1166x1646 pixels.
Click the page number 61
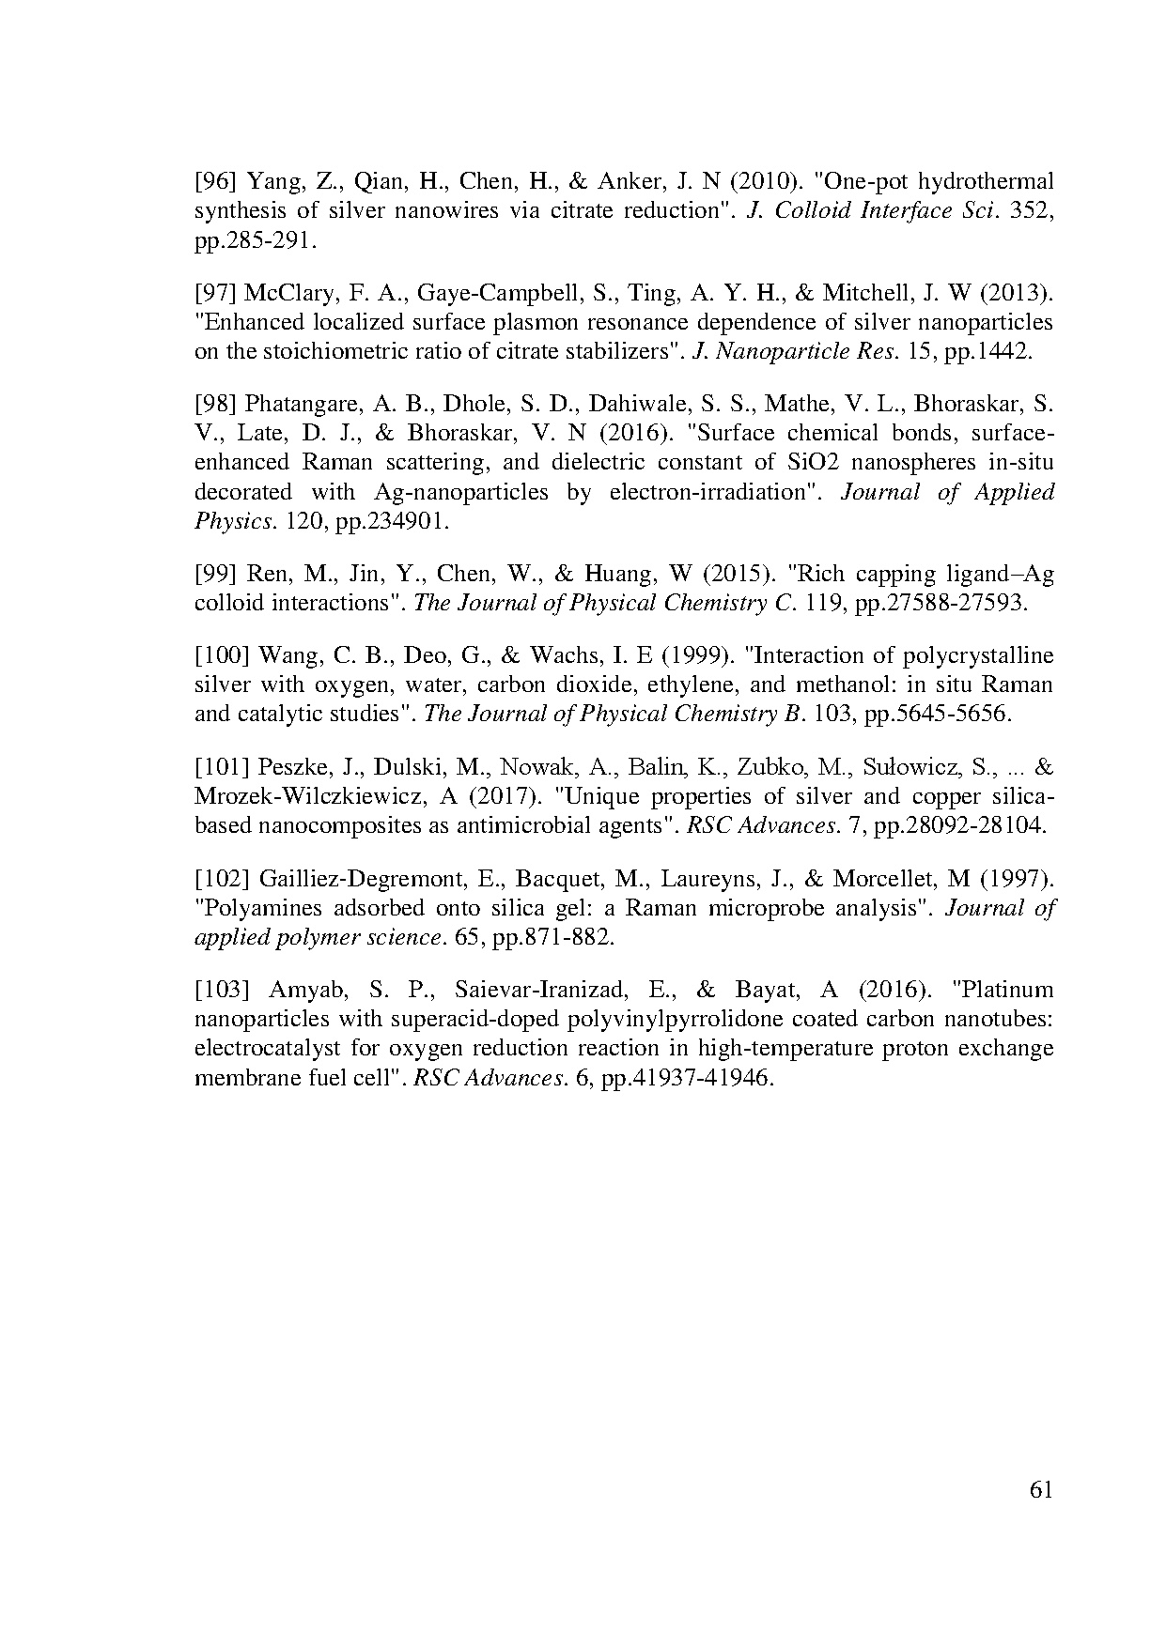[1041, 1490]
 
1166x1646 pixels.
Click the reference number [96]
[216, 181]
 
